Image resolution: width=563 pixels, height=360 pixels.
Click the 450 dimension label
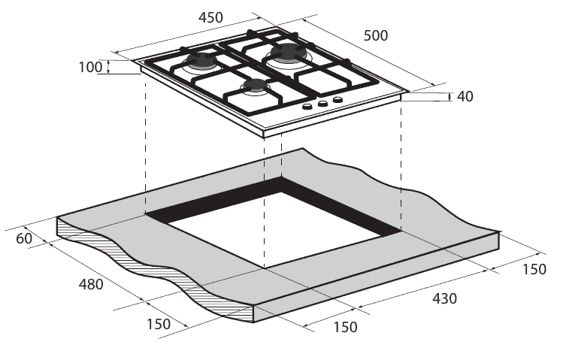click(210, 17)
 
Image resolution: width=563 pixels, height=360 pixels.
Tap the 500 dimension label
click(376, 35)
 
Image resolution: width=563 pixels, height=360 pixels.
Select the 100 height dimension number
click(90, 67)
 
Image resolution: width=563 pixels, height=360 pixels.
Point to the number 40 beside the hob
click(465, 96)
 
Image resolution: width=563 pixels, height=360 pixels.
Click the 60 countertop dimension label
click(24, 238)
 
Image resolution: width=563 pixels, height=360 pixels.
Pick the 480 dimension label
click(91, 284)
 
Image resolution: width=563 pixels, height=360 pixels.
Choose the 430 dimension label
click(444, 298)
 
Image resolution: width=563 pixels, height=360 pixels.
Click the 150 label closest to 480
click(159, 324)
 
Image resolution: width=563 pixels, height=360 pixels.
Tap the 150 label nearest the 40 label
click(534, 269)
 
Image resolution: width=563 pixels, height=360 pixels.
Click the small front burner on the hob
click(255, 86)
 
